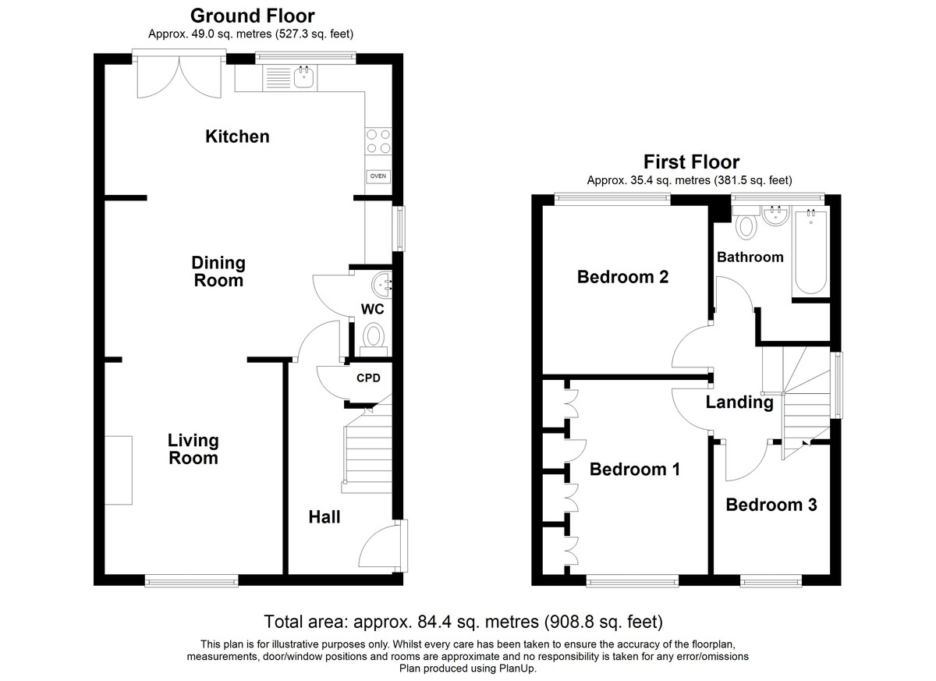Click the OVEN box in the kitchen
(x=378, y=176)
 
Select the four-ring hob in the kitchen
(x=378, y=141)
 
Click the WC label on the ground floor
(x=372, y=309)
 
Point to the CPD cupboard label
(x=368, y=378)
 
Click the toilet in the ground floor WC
(x=373, y=339)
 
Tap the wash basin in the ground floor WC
(x=381, y=285)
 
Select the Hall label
(x=324, y=517)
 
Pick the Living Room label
(x=193, y=449)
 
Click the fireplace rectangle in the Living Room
(x=119, y=470)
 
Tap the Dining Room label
(x=218, y=271)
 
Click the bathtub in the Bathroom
(x=810, y=252)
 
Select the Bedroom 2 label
(x=622, y=277)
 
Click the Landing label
(x=739, y=403)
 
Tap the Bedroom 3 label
(x=771, y=505)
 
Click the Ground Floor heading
(x=253, y=16)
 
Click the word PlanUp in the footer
(x=517, y=669)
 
